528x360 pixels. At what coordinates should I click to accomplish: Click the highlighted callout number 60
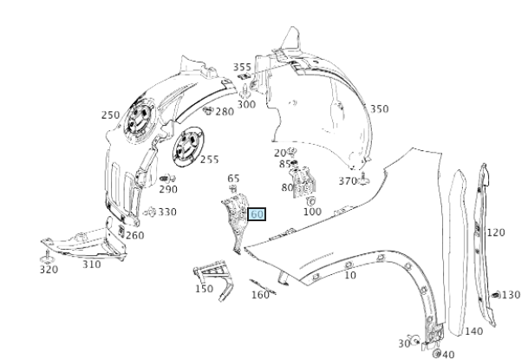click(x=257, y=213)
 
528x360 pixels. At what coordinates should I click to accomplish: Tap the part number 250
click(x=110, y=115)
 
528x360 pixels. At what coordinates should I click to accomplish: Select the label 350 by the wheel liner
click(x=379, y=109)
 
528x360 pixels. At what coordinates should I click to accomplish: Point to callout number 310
click(x=92, y=265)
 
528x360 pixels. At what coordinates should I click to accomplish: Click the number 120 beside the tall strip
click(x=495, y=232)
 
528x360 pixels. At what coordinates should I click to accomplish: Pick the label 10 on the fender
click(x=350, y=276)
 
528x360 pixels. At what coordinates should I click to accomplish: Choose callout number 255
click(x=210, y=160)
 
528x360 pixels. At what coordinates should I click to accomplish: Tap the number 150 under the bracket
click(x=204, y=289)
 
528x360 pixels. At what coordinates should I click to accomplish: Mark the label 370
click(x=348, y=180)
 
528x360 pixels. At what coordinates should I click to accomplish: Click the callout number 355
click(x=243, y=67)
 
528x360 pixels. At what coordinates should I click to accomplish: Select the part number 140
click(x=474, y=331)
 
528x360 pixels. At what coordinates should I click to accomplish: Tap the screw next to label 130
click(x=495, y=295)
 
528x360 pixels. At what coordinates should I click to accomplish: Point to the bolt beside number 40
click(x=435, y=353)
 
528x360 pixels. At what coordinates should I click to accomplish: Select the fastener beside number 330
click(x=151, y=211)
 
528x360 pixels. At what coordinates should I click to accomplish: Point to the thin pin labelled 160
click(x=261, y=286)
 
